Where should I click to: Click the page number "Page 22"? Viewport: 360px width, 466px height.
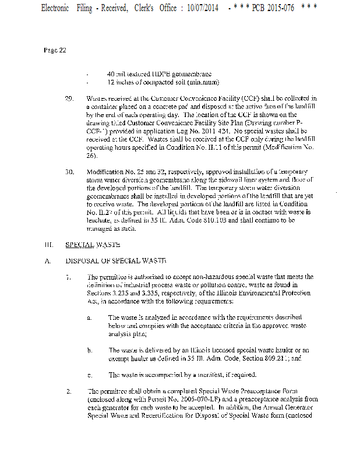click(55, 50)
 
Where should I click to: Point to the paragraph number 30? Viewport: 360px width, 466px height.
click(69, 172)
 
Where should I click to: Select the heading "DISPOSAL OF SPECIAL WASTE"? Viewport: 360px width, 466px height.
click(116, 260)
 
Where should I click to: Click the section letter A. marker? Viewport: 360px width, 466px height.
click(47, 260)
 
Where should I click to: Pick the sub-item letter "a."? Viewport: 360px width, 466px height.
click(89, 317)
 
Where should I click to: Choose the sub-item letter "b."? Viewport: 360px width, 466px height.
click(89, 350)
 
